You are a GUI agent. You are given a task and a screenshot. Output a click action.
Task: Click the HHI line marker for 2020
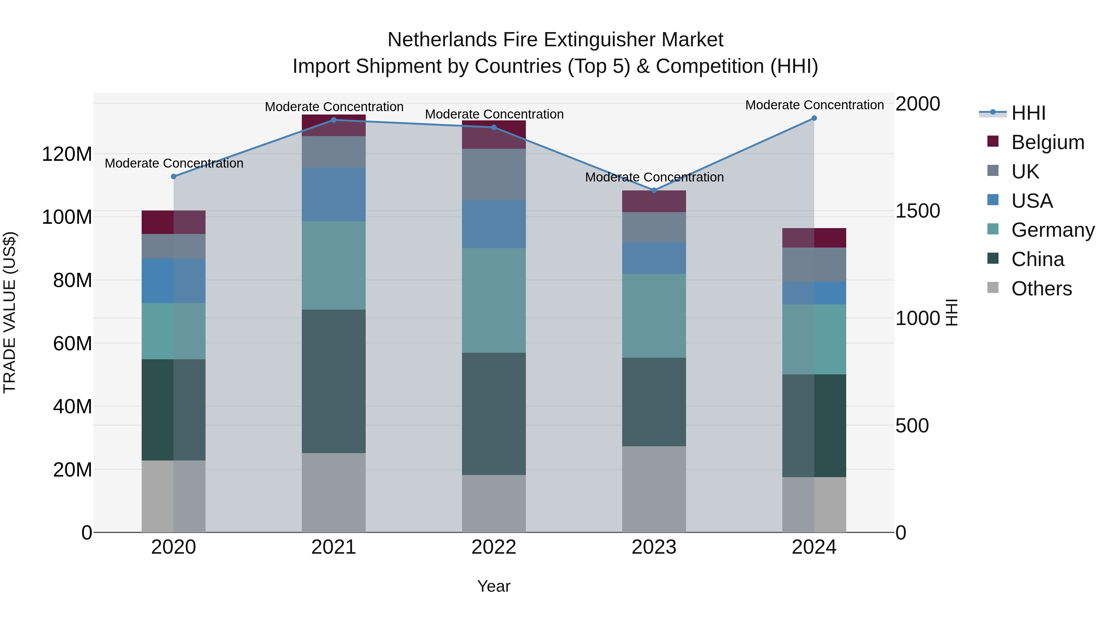coord(173,177)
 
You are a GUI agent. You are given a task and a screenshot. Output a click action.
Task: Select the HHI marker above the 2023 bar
coord(654,190)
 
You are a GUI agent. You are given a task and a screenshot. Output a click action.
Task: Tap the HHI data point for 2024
coord(814,118)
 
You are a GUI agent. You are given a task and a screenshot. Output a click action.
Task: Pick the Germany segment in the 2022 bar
coord(494,300)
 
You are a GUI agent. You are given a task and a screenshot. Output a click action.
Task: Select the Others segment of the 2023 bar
coord(654,489)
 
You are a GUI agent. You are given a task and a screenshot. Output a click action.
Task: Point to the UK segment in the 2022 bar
coord(494,174)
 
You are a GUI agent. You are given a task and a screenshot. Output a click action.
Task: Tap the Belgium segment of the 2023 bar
coord(654,202)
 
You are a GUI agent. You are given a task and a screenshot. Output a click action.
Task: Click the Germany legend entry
coord(1053,230)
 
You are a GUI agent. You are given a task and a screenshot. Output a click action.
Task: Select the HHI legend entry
coord(1028,113)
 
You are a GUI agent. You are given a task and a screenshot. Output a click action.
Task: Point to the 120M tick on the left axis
coord(67,154)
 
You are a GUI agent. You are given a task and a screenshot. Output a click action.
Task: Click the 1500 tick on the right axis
coord(918,211)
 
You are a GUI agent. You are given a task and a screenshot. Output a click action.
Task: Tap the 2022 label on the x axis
coord(494,547)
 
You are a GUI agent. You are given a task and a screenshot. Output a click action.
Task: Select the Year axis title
coord(494,586)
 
